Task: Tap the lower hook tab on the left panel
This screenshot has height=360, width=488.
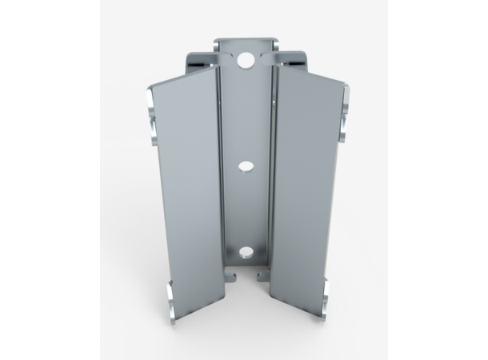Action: (170, 298)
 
